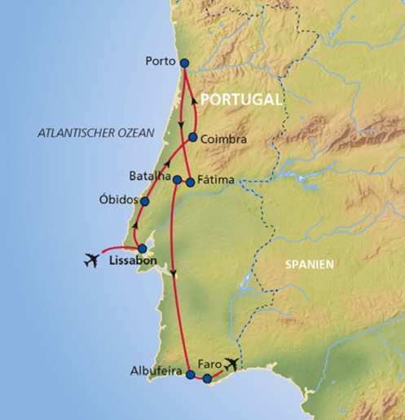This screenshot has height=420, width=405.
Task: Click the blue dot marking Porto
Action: [183, 63]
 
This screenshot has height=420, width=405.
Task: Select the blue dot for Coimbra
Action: [192, 138]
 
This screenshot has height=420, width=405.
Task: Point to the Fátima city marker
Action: [190, 182]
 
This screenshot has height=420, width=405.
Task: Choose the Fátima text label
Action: [218, 181]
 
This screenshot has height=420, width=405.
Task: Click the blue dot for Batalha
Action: [176, 179]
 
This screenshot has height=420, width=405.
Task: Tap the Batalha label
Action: [149, 175]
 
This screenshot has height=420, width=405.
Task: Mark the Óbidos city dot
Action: [144, 201]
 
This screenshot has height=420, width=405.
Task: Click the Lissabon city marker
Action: [142, 249]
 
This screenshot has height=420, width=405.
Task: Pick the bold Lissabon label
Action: [132, 265]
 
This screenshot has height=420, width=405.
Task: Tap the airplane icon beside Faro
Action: [232, 365]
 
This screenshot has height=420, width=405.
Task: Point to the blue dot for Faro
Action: [207, 378]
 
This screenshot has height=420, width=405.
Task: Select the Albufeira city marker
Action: [190, 375]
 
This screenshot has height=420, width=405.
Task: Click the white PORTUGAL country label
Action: [242, 99]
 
